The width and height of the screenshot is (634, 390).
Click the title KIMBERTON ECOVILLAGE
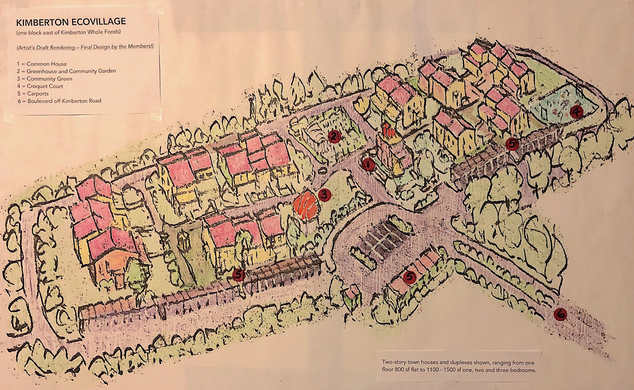[71, 22]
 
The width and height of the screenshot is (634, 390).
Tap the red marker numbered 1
[369, 164]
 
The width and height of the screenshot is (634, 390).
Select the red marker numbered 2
[334, 136]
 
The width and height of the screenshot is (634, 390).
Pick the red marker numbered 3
[324, 195]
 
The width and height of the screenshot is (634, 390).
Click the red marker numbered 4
[576, 112]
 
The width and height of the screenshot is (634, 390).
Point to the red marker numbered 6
[560, 314]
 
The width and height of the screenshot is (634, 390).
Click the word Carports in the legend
[38, 94]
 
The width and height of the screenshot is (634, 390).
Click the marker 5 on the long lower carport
[238, 275]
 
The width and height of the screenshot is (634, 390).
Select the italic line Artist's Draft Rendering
[85, 47]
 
